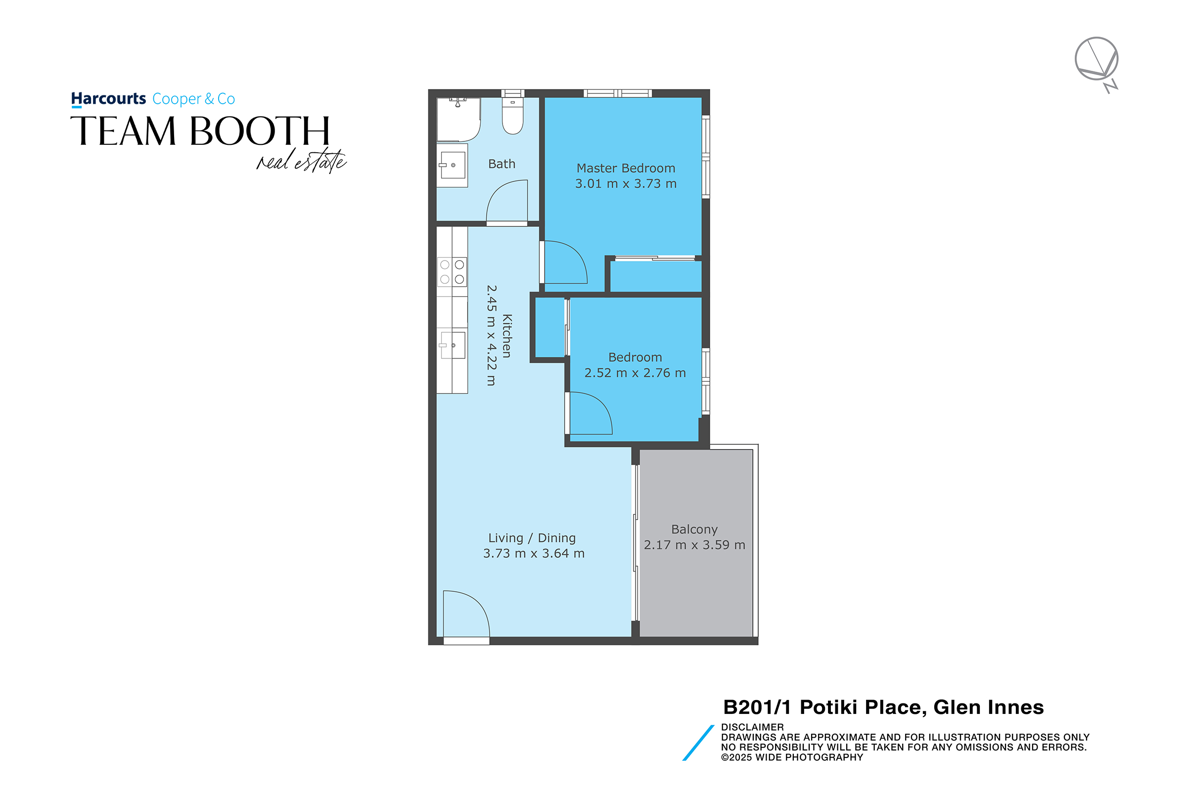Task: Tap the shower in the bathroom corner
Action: (458, 120)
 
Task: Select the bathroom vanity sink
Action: (452, 165)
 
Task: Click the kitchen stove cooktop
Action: (452, 272)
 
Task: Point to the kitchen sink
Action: (453, 345)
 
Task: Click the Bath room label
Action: (502, 164)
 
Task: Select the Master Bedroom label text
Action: (626, 168)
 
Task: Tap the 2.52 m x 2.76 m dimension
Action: (635, 373)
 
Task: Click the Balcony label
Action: (694, 529)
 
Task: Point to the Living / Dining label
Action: (532, 538)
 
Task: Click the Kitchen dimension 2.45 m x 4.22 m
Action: (492, 335)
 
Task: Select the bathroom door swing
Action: (507, 201)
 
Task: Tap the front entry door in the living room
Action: (466, 614)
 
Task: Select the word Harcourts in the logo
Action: (109, 98)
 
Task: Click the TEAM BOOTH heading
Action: (200, 131)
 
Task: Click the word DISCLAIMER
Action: (752, 727)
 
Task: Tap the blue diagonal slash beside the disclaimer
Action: (698, 743)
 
